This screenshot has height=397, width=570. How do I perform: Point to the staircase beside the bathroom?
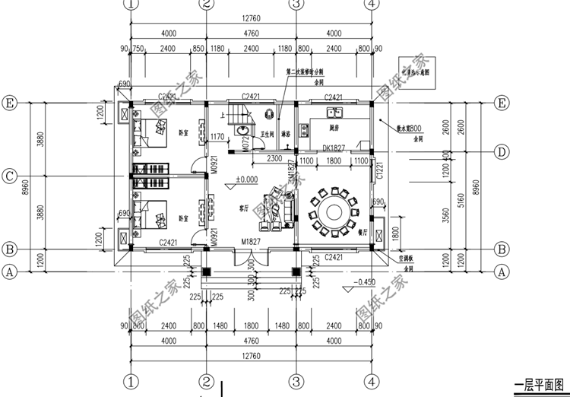[x=233, y=116]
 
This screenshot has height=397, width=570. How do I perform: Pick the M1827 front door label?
[x=252, y=242]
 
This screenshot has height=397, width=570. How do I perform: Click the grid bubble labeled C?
[x=10, y=176]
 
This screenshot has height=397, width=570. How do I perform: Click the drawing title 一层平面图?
[x=541, y=386]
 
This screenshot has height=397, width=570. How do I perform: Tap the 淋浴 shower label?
[x=286, y=134]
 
